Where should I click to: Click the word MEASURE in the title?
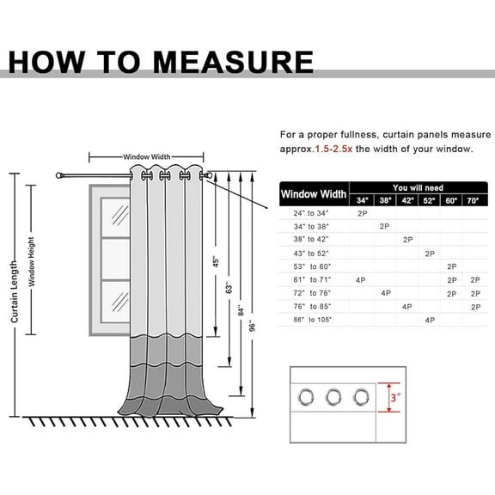pos(233,62)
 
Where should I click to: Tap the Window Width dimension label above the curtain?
pos(146,157)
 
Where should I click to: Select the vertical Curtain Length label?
pos(15,291)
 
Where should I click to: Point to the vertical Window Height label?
pos(31,262)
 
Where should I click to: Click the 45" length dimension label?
pos(216,261)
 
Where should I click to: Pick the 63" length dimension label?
pos(229,287)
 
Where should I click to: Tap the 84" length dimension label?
pos(241,310)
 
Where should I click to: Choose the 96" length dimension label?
pos(252,326)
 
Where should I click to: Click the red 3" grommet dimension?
pos(395,397)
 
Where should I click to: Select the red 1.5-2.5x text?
pos(333,149)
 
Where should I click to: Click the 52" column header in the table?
pos(429,200)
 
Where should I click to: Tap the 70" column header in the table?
pos(473,200)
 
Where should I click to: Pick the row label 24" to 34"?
pos(311,213)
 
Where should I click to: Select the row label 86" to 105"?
pos(313,320)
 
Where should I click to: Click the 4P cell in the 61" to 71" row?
pos(361,280)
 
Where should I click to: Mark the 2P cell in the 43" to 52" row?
pos(430,254)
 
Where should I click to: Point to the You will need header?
pos(418,188)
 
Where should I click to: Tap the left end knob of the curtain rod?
pos(58,175)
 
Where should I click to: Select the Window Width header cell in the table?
pos(314,194)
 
